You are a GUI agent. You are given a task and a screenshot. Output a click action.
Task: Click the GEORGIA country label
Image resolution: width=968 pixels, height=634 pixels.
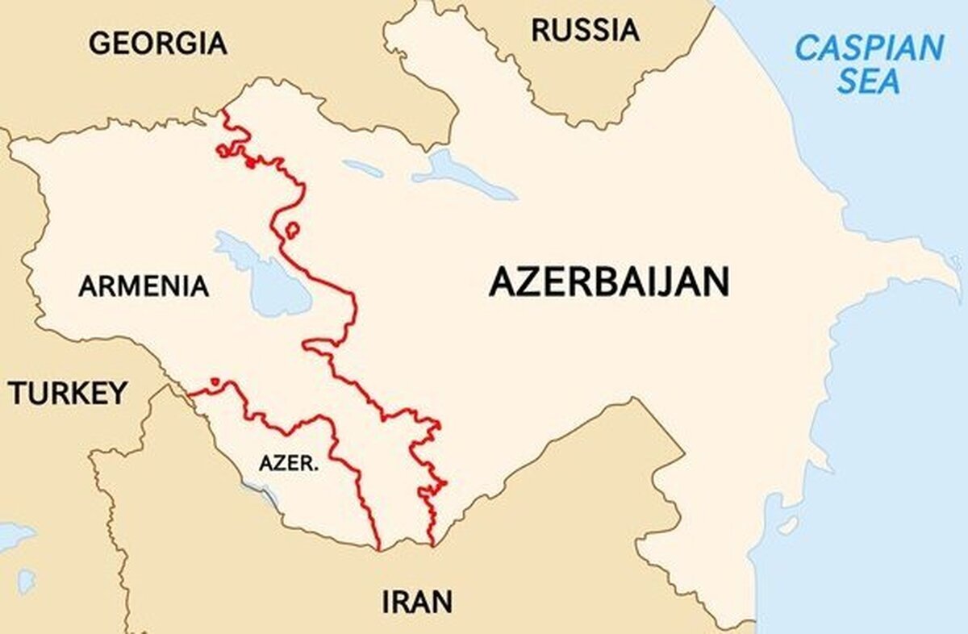point(157,43)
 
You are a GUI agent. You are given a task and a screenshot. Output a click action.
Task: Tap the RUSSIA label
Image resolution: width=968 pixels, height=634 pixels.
point(585,31)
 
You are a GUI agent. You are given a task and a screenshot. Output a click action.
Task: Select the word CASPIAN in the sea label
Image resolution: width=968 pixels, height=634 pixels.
point(869,48)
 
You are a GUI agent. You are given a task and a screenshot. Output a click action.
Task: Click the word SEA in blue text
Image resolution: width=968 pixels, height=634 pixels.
point(868,81)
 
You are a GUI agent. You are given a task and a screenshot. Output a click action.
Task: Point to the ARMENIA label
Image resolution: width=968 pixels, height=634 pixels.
point(144,286)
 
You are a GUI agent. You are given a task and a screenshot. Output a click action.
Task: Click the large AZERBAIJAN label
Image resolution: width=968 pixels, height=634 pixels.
point(609,283)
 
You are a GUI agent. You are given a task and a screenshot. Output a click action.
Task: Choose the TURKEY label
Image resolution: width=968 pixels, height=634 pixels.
point(68,394)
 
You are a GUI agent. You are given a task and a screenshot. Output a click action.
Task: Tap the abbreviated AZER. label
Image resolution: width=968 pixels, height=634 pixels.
point(288,464)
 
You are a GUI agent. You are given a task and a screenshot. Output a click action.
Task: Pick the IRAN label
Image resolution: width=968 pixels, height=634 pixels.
point(416,602)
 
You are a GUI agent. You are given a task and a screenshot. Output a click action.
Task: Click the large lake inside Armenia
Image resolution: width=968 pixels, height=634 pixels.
point(266,278)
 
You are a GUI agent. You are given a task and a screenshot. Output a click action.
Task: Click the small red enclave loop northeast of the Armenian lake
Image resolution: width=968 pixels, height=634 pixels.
point(292,231)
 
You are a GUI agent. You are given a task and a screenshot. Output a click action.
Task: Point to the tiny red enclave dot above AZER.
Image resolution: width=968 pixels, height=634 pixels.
point(214,382)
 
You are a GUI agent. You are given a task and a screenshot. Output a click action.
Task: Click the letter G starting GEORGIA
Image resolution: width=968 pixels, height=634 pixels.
point(99,43)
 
